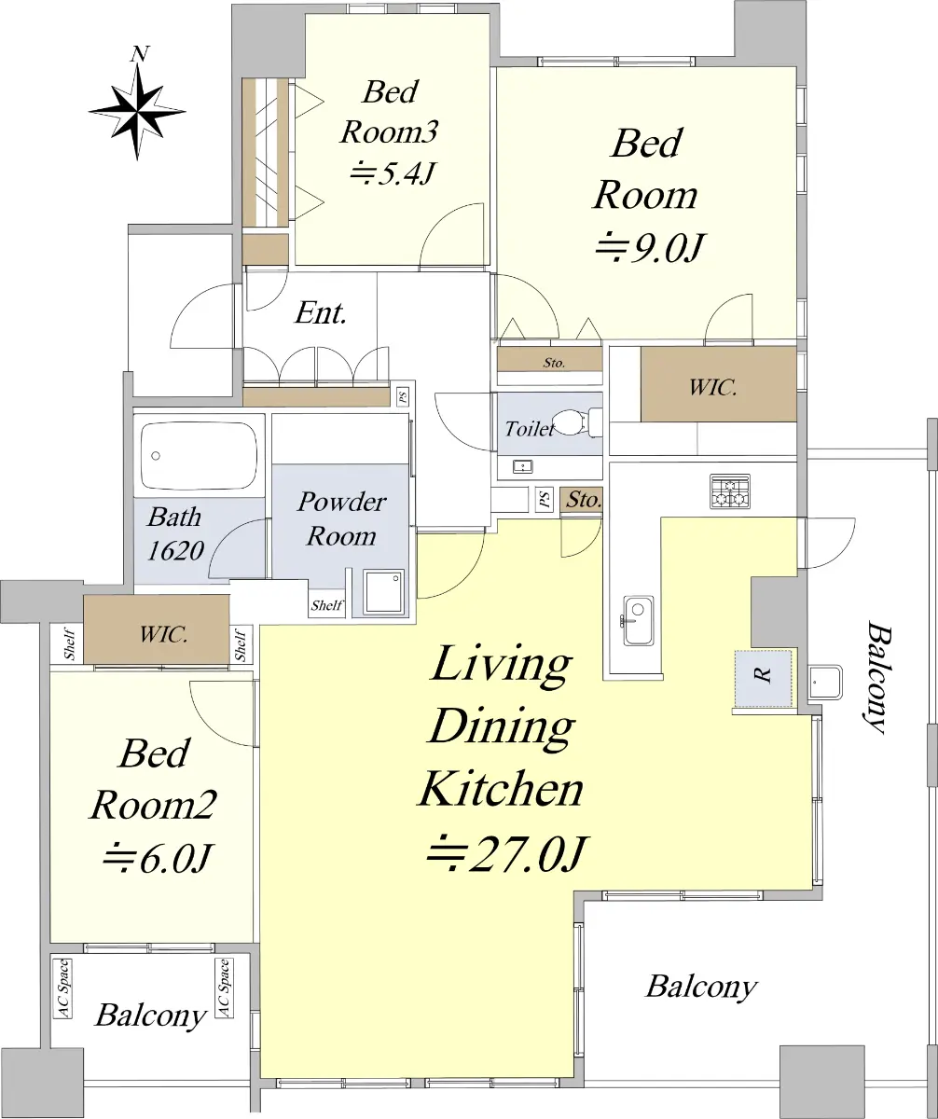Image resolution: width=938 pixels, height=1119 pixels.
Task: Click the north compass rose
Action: click(137, 110)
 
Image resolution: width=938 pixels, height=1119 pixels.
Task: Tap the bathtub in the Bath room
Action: click(199, 456)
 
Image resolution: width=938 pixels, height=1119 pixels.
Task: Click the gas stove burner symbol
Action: click(729, 490)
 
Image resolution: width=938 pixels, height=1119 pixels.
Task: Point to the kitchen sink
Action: click(637, 621)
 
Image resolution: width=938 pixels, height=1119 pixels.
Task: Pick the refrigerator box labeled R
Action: click(764, 679)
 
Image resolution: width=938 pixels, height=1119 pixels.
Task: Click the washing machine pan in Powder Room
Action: click(384, 591)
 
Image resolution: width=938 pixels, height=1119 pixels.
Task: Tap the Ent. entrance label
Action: click(321, 313)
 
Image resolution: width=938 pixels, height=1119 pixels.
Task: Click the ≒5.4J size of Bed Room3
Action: click(392, 173)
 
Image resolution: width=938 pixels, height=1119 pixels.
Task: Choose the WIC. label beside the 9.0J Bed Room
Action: click(713, 387)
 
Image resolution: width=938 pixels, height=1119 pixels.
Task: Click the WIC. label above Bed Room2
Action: click(163, 635)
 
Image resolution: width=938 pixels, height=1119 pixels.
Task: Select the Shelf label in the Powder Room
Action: click(327, 605)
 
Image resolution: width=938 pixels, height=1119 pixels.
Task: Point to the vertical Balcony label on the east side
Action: click(876, 677)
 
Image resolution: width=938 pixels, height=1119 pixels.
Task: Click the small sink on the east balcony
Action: click(824, 682)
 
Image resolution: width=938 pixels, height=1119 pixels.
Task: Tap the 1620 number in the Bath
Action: click(175, 550)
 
